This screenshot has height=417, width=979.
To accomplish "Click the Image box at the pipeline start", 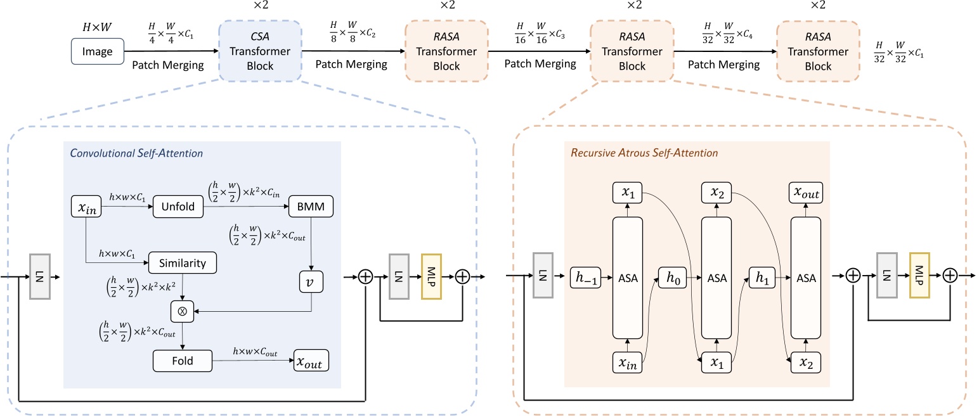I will coord(97,51).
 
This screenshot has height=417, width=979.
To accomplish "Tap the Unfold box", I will coord(178,207).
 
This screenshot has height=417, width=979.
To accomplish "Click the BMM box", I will coord(311,207).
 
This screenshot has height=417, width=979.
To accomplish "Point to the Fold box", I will coord(182,361).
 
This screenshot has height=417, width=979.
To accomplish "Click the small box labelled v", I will coord(311,282).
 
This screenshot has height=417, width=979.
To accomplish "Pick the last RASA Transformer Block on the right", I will coord(818,51).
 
